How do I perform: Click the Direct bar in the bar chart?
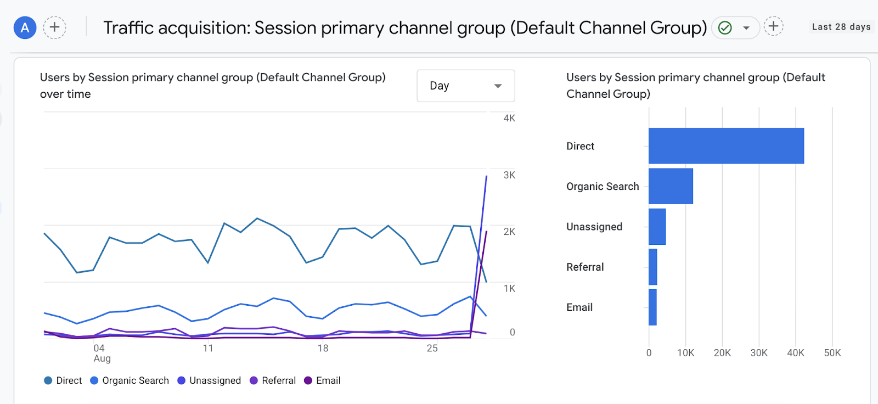point(725,146)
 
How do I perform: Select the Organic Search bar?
point(671,186)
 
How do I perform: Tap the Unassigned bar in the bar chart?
point(657,227)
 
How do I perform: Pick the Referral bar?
point(652,267)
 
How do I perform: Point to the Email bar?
point(652,307)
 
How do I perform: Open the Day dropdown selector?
point(465,86)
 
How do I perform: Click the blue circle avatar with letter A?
point(25,27)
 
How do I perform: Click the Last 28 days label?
point(841,27)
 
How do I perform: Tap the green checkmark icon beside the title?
point(725,27)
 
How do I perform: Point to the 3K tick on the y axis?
point(509,175)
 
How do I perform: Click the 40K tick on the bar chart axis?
point(795,353)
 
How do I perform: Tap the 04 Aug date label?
point(100,353)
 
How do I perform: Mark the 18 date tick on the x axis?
point(323,348)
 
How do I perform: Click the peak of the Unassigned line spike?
point(486,176)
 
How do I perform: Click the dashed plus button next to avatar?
point(54,27)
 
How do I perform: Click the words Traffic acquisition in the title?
point(176,27)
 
